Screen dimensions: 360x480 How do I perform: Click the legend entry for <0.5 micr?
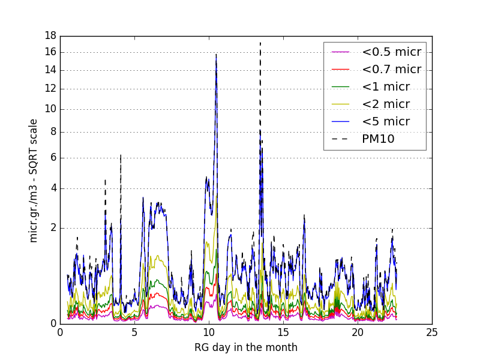pyautogui.click(x=391, y=52)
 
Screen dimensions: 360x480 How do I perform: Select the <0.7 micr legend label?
pyautogui.click(x=391, y=69)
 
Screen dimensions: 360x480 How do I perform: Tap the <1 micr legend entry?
pyautogui.click(x=385, y=86)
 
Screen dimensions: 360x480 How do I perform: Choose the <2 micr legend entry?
pyautogui.click(x=385, y=104)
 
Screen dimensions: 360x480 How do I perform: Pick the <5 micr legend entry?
pyautogui.click(x=385, y=121)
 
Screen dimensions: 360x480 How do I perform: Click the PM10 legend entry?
pyautogui.click(x=377, y=139)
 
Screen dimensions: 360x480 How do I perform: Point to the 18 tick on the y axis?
pyautogui.click(x=50, y=35)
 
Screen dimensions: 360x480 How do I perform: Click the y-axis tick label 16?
pyautogui.click(x=50, y=52)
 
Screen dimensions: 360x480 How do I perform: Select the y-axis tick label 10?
pyautogui.click(x=50, y=109)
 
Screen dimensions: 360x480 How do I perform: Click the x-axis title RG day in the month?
pyautogui.click(x=246, y=347)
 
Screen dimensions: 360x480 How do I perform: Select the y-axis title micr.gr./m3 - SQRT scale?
pyautogui.click(x=34, y=180)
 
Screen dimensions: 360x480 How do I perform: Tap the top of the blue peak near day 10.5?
pyautogui.click(x=216, y=55)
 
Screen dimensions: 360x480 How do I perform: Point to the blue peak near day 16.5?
pyautogui.click(x=304, y=215)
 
